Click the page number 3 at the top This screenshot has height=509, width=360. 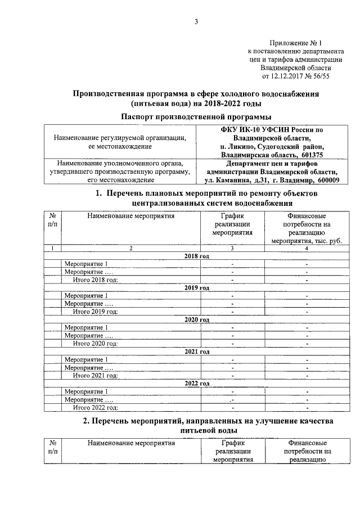tap(196, 22)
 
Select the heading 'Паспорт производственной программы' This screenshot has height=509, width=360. tap(196, 116)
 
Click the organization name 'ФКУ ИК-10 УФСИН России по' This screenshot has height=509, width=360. tap(272, 129)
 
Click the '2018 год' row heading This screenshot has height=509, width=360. tap(196, 256)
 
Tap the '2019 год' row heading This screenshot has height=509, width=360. tap(196, 287)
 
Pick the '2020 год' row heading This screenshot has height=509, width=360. tap(196, 319)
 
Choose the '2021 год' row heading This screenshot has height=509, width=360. tap(196, 352)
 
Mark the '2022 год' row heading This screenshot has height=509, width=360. tap(196, 384)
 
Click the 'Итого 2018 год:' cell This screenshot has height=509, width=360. tap(96, 280)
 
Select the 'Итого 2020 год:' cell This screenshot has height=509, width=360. tap(96, 344)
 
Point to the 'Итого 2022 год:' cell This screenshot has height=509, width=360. tap(96, 408)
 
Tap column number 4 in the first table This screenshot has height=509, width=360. tap(307, 248)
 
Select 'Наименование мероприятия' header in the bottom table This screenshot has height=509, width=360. tap(131, 443)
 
